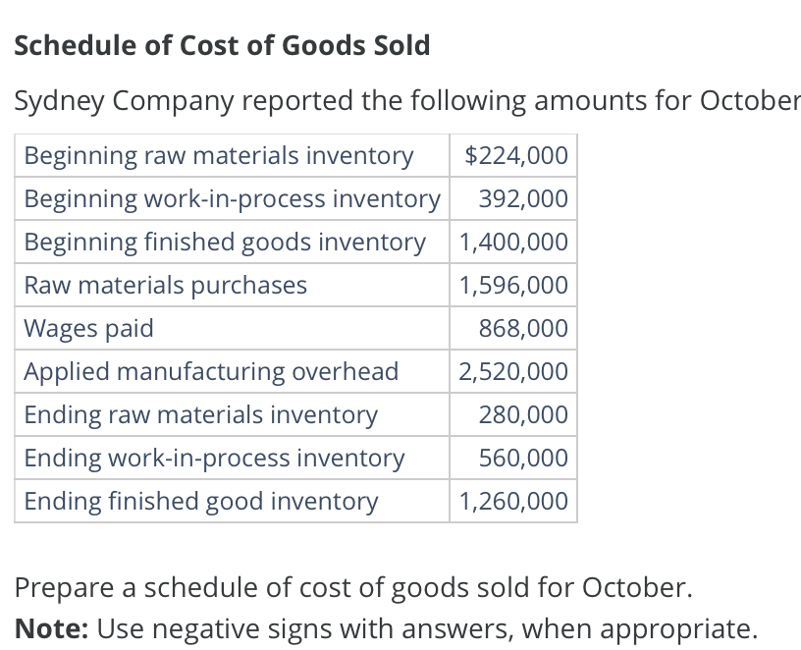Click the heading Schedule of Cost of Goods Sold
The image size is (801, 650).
222,45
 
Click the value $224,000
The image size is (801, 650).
515,156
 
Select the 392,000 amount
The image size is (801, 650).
523,199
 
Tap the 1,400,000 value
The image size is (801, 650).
513,243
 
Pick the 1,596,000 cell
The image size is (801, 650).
513,286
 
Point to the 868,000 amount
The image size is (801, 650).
523,329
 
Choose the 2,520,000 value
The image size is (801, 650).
513,372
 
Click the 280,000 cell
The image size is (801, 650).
523,415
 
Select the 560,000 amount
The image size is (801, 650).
523,459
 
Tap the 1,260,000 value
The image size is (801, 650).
513,502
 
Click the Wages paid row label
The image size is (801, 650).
88,329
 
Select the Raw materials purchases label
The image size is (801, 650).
165,286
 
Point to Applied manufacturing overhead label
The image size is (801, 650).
211,372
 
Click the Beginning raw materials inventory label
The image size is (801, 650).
218,156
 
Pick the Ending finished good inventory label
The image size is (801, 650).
200,502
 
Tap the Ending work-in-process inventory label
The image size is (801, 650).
214,459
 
